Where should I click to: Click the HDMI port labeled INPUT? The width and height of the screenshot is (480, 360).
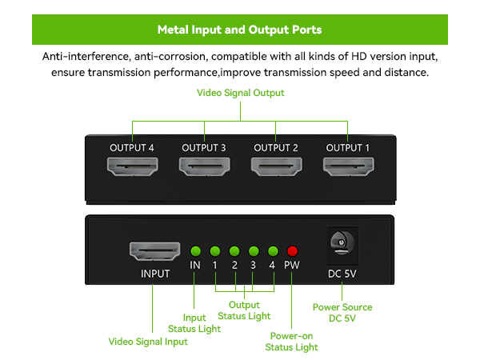tap(155, 251)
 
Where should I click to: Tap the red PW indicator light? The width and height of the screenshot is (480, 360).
tap(292, 250)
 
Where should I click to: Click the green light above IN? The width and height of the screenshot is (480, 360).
tap(195, 250)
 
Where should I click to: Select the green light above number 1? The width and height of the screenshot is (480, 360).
tap(214, 250)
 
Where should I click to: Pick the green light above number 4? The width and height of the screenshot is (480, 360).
tap(273, 250)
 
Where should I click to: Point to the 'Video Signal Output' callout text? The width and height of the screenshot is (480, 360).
tap(241, 93)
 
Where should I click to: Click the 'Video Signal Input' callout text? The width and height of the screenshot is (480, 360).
tap(148, 342)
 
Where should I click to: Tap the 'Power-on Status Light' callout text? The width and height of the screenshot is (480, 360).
tap(291, 342)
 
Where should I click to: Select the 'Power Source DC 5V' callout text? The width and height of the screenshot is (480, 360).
tap(342, 313)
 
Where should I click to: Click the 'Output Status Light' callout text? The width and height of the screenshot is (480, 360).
tap(244, 310)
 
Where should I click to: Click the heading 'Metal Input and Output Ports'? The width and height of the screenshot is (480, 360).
tap(240, 30)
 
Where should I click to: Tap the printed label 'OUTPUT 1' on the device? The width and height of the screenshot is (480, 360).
tap(348, 147)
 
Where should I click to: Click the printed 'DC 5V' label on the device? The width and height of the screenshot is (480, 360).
tap(342, 274)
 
